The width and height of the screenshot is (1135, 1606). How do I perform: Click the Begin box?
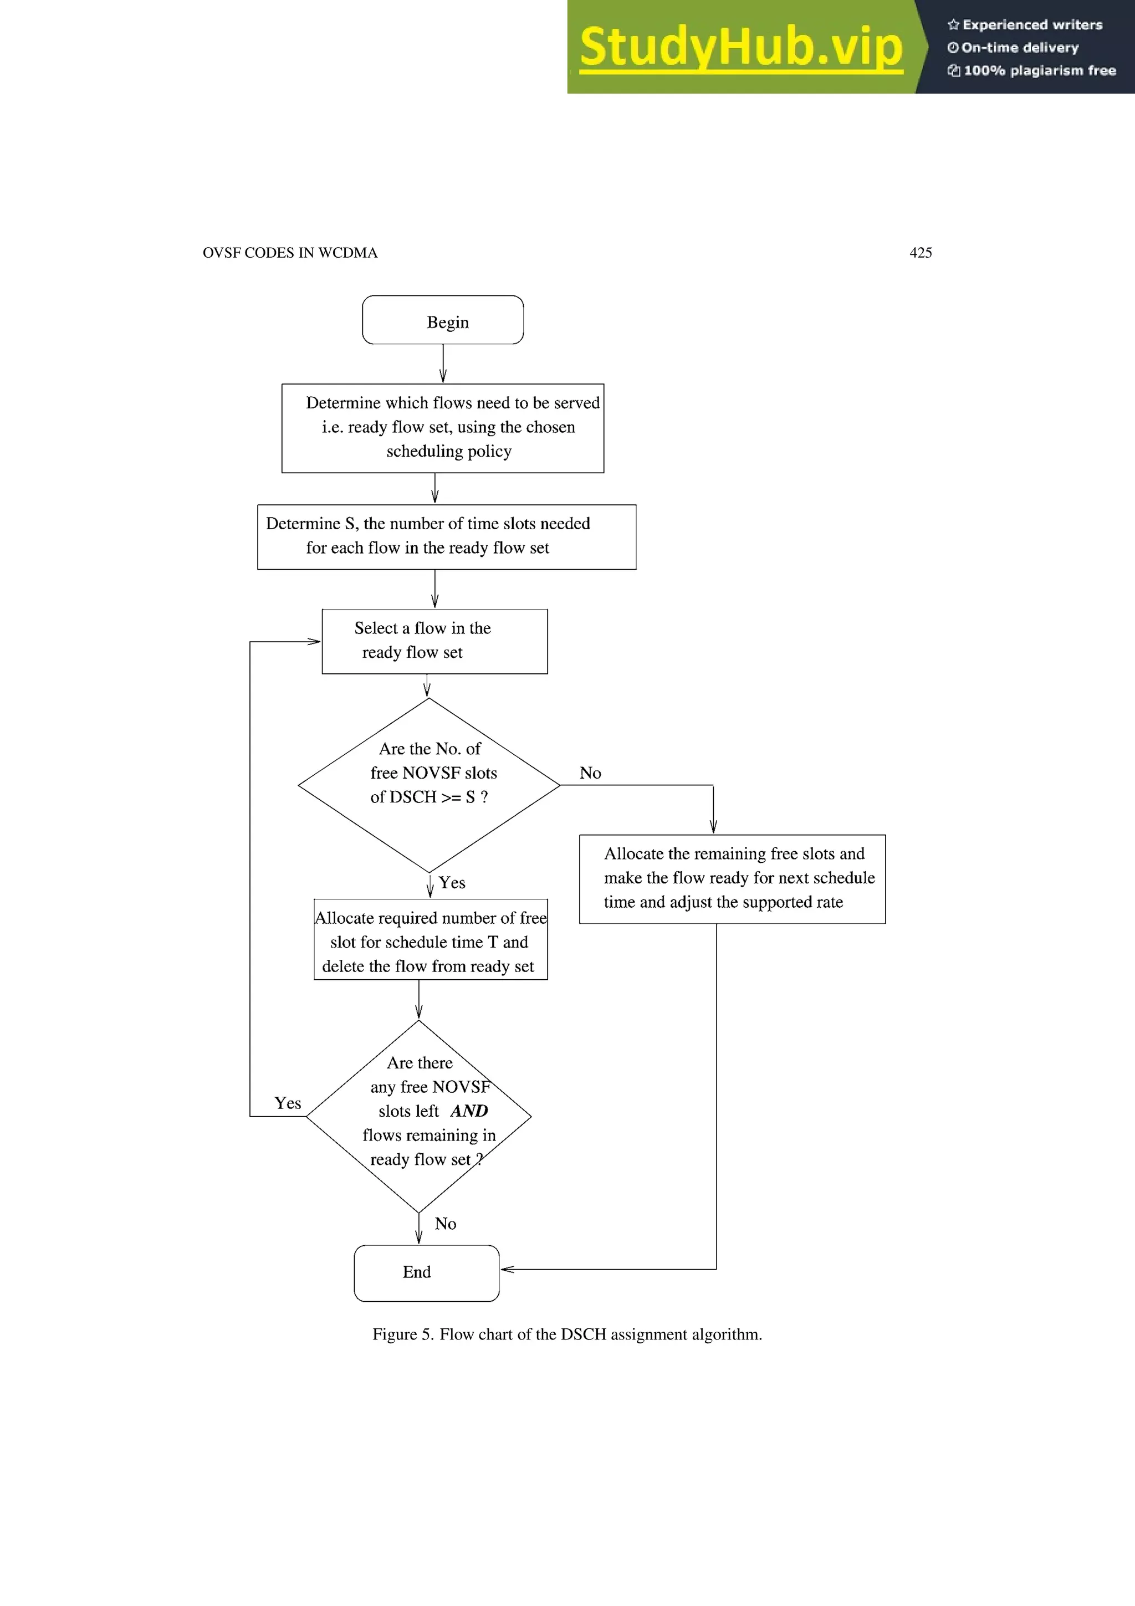click(443, 320)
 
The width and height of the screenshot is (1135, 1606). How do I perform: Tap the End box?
click(427, 1272)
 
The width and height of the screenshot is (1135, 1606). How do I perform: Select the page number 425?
click(921, 253)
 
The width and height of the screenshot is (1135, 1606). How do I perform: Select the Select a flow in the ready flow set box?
click(434, 641)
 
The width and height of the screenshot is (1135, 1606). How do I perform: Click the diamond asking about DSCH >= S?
click(429, 785)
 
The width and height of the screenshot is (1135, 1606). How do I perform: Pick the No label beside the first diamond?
click(590, 773)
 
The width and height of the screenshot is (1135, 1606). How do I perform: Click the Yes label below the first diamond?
click(452, 883)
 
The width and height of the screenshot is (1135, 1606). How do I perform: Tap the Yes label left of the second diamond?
click(288, 1103)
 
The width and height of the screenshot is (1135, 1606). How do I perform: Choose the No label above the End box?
click(446, 1224)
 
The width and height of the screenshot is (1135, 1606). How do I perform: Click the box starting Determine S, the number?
click(446, 536)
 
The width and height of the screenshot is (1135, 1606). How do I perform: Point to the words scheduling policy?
click(449, 451)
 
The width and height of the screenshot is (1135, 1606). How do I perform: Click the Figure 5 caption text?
click(567, 1334)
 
